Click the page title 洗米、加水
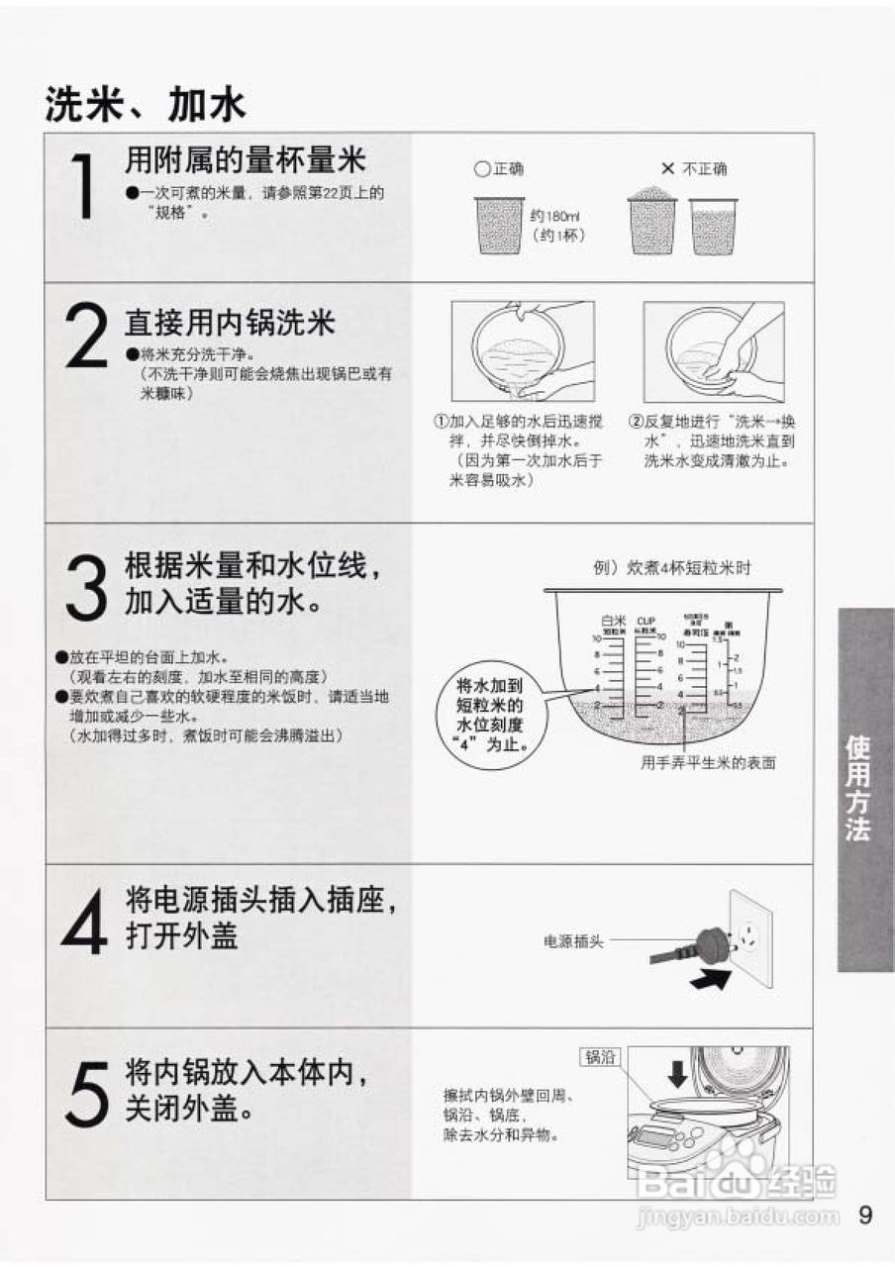[145, 104]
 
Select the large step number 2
[85, 334]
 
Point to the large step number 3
[85, 586]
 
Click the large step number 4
[85, 921]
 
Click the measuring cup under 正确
[499, 224]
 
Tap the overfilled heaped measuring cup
[652, 220]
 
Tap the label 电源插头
[573, 942]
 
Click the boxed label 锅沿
[601, 1057]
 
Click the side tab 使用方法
[865, 789]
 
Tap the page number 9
[866, 1215]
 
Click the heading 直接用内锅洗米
[230, 323]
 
